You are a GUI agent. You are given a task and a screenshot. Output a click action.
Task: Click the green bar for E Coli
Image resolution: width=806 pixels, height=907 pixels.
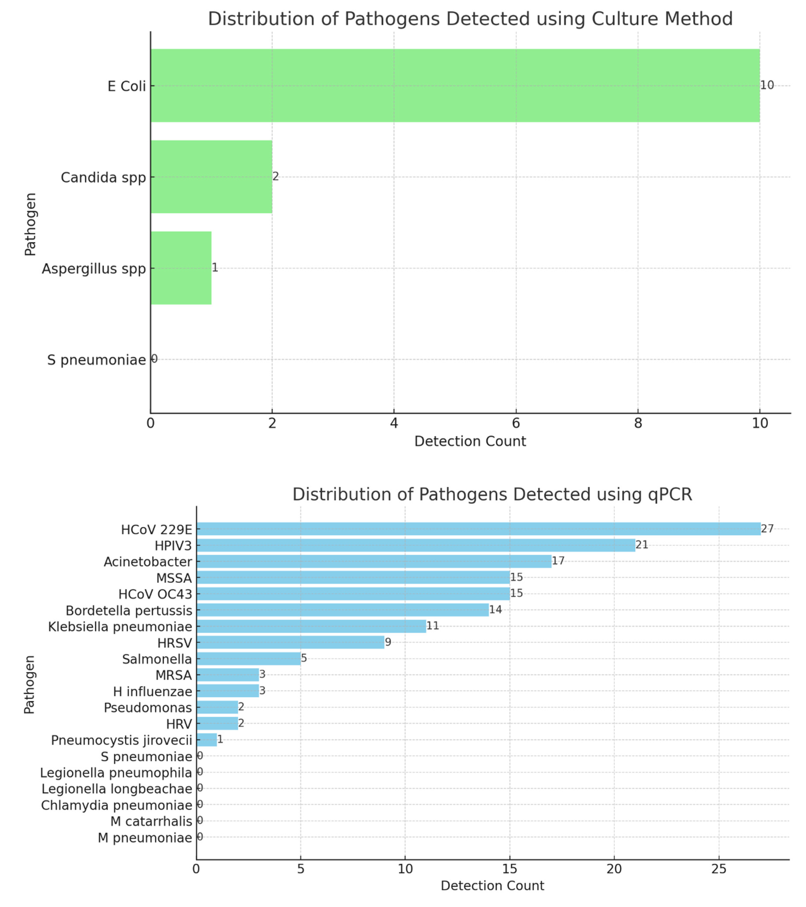[455, 86]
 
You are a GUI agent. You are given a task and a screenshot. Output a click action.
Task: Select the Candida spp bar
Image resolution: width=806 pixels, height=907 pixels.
[211, 177]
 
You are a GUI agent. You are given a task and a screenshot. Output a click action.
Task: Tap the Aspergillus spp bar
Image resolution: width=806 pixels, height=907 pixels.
[181, 268]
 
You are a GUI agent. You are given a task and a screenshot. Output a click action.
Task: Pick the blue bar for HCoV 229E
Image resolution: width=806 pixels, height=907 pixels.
[478, 529]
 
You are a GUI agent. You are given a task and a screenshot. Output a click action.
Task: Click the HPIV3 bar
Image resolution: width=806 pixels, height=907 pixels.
[416, 545]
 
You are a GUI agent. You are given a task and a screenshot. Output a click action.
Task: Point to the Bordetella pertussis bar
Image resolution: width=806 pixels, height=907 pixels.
[343, 610]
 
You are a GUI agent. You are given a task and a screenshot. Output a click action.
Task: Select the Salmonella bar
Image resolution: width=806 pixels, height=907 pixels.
[248, 659]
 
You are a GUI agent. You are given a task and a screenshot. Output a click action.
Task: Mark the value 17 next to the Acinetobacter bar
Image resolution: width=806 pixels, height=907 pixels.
[558, 561]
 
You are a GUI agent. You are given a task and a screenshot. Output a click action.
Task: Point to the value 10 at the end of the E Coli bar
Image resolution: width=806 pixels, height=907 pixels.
[767, 85]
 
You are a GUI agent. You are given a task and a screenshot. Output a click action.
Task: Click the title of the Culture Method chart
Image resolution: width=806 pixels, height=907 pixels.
[470, 19]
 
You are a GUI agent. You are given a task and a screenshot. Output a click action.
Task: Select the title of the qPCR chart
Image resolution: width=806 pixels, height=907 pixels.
[492, 494]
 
